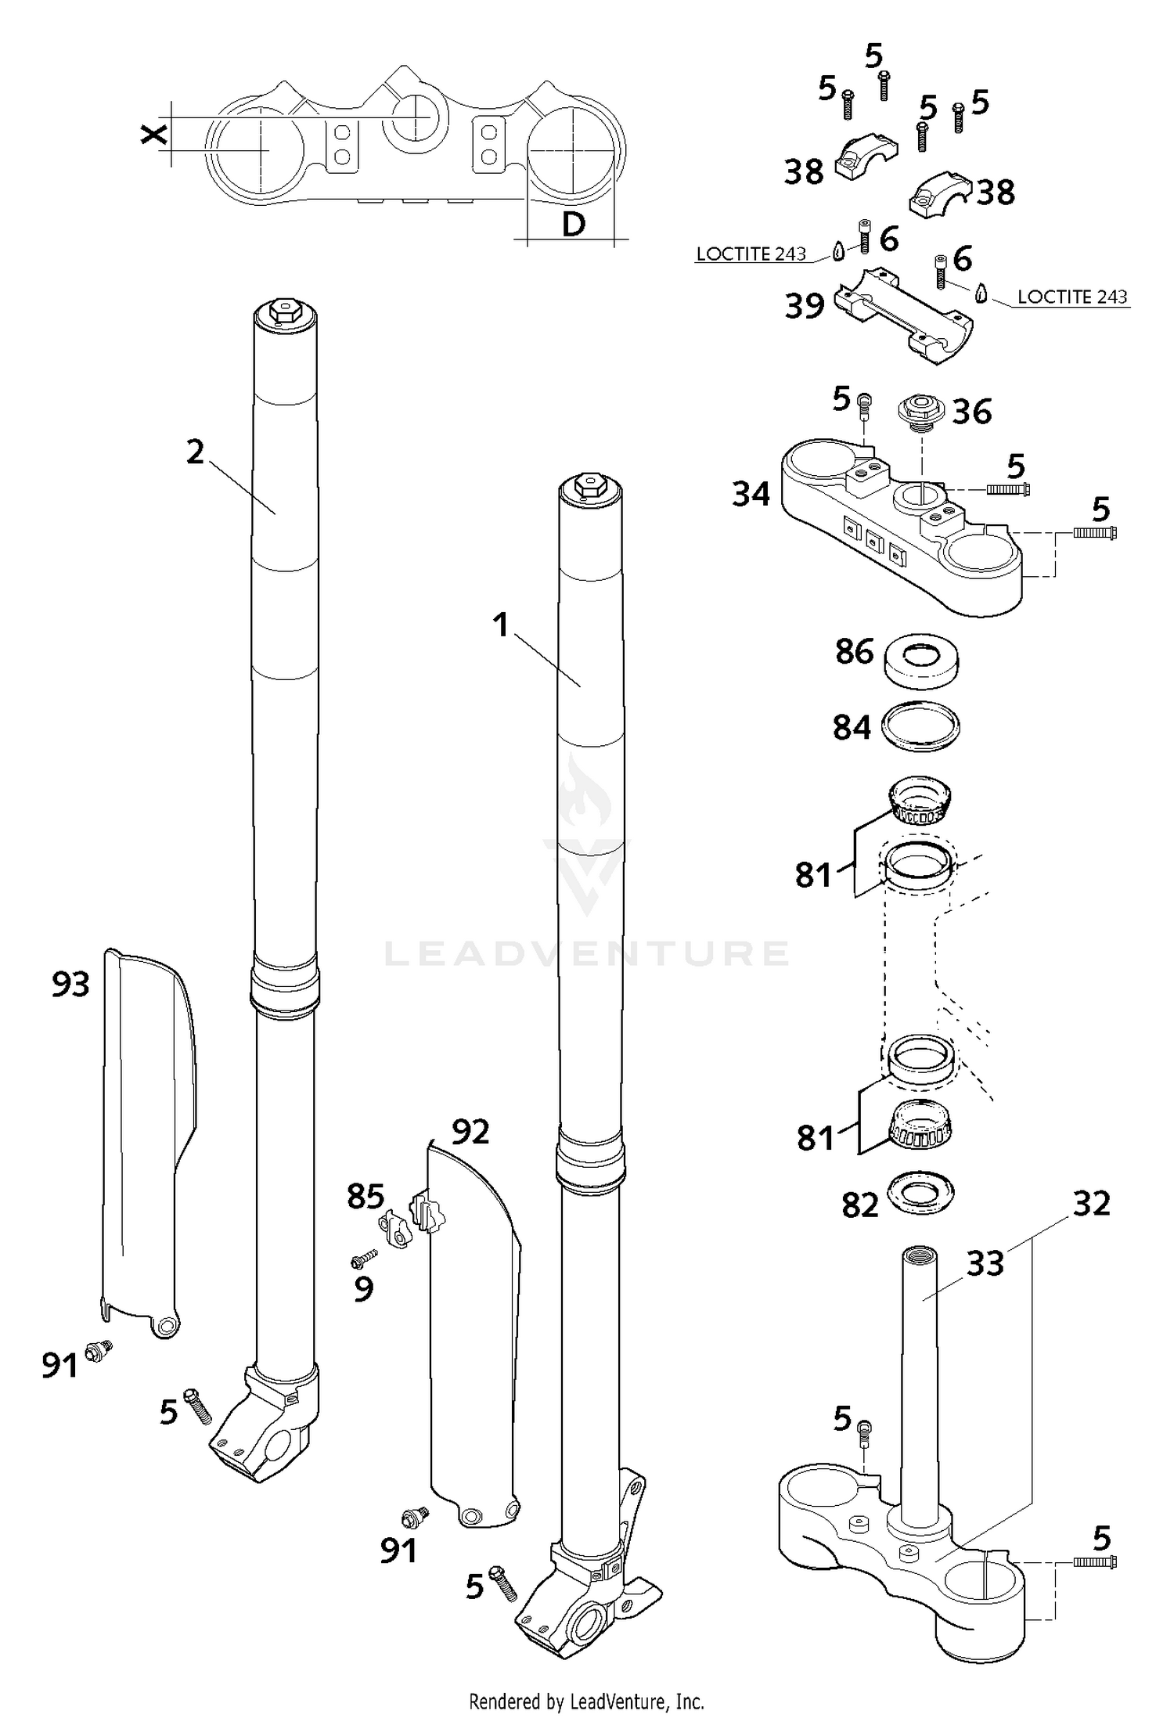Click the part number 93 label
(x=70, y=984)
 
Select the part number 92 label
(x=470, y=1131)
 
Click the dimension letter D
(x=574, y=225)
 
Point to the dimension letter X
(x=154, y=134)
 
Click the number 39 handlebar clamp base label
(x=805, y=306)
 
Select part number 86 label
(x=854, y=651)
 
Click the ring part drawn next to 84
(x=920, y=726)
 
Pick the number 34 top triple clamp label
(x=751, y=494)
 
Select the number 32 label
(x=1091, y=1204)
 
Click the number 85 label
(x=366, y=1197)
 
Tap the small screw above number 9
(x=365, y=1259)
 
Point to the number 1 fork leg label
(x=501, y=625)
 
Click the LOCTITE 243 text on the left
(x=751, y=254)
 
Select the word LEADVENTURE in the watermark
(x=587, y=953)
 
